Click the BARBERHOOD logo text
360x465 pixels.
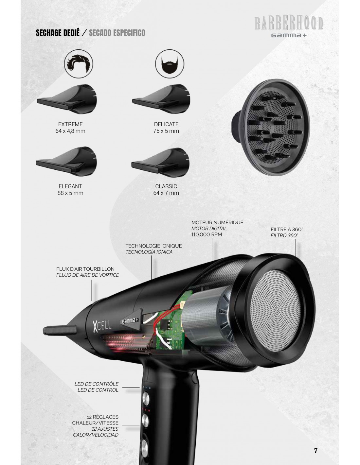289,23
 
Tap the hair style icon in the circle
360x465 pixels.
79,63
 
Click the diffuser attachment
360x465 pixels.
271,127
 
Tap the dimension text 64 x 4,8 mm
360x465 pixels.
70,131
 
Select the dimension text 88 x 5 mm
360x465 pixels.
70,193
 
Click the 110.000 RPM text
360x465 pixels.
207,234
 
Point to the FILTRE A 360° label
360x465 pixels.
287,230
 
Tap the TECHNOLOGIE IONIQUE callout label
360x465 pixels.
153,246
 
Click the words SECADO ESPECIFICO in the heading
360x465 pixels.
117,33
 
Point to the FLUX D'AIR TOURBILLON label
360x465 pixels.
85,269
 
